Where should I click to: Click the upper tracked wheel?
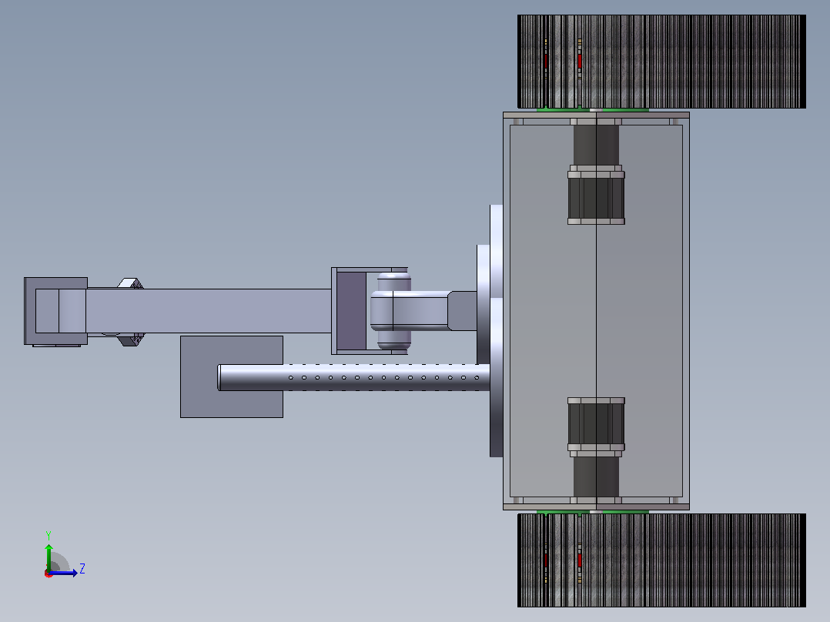pos(661,62)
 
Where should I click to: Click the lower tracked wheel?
pos(661,560)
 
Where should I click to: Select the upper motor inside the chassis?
pos(596,195)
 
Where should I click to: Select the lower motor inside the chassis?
pos(596,427)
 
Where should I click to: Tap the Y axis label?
pos(49,536)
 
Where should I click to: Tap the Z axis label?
pos(82,569)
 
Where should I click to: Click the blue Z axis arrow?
pos(63,573)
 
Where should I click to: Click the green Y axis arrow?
pos(49,558)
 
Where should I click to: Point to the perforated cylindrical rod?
pos(353,377)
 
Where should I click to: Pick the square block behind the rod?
pos(232,377)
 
